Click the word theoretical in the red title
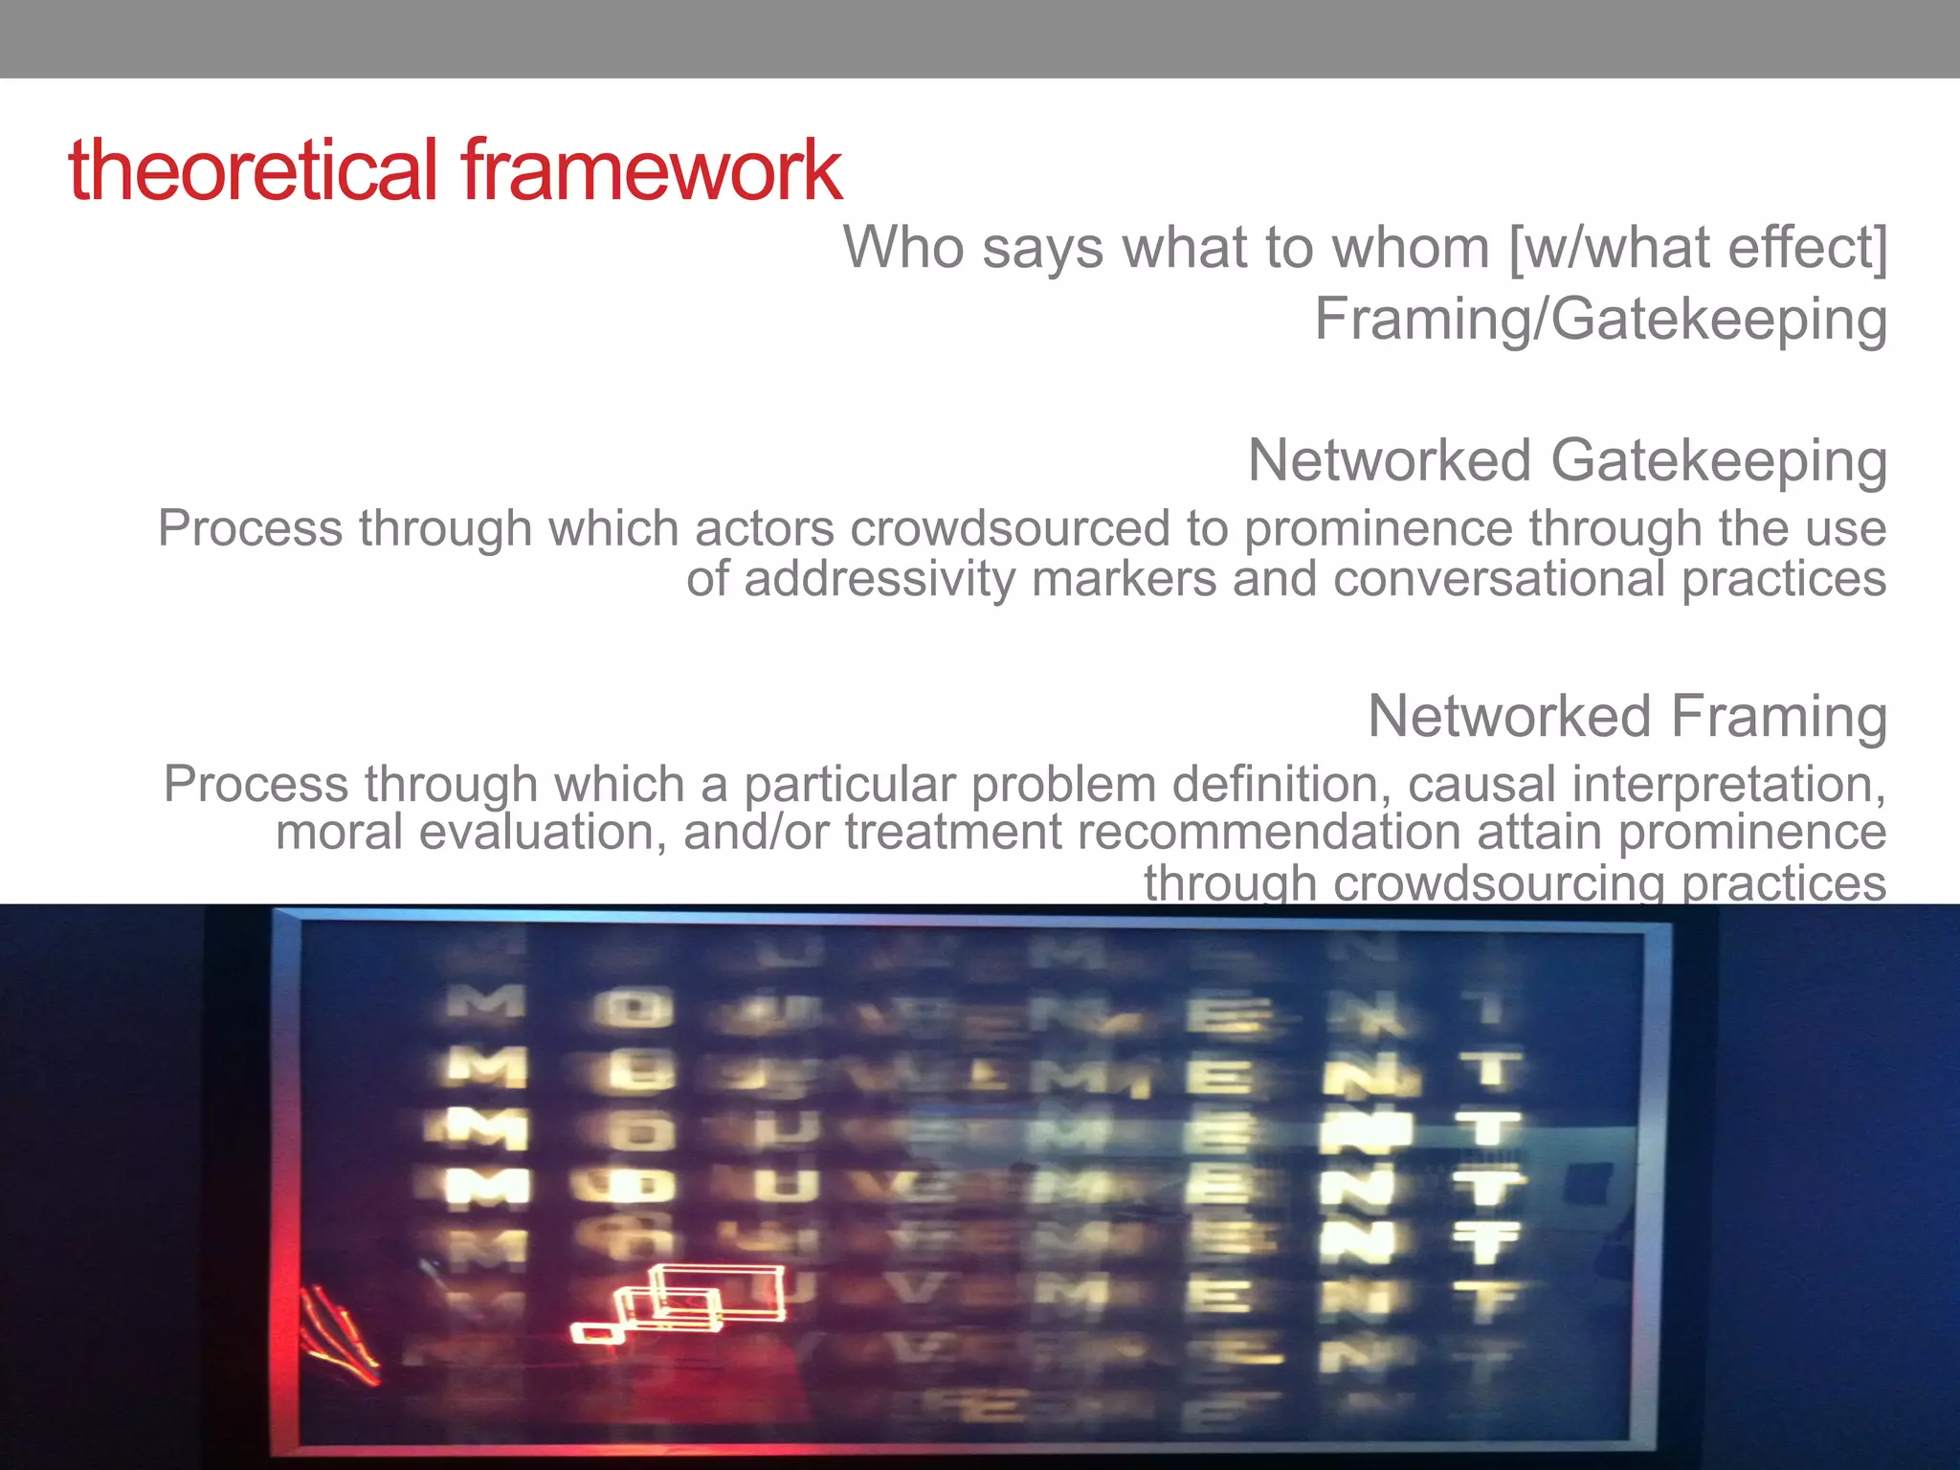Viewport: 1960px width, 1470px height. (254, 170)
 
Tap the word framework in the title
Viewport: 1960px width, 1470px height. (651, 170)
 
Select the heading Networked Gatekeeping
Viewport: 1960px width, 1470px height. (1567, 461)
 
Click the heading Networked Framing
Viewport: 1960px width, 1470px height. (1627, 717)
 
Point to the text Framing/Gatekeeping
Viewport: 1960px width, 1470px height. (1600, 320)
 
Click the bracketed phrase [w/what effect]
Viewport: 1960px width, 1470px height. (1698, 248)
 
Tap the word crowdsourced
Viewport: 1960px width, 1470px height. (1010, 529)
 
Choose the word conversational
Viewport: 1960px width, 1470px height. (1499, 580)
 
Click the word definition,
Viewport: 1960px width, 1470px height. (1281, 785)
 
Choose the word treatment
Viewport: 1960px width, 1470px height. (952, 833)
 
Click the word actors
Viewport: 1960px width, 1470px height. (765, 529)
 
